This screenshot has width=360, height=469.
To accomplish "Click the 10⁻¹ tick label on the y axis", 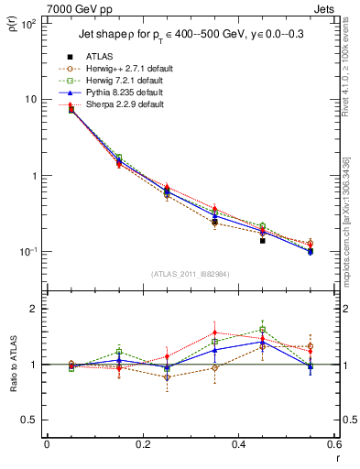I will (x=27, y=252).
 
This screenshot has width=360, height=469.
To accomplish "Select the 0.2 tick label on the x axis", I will (x=143, y=444).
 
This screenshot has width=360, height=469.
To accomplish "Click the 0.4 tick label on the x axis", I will (x=238, y=444).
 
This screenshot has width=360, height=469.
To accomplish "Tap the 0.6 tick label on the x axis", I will (x=333, y=444).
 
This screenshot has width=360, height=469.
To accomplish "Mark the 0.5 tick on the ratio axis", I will (x=33, y=420).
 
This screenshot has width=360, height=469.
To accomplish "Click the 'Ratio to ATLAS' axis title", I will (x=11, y=364).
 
